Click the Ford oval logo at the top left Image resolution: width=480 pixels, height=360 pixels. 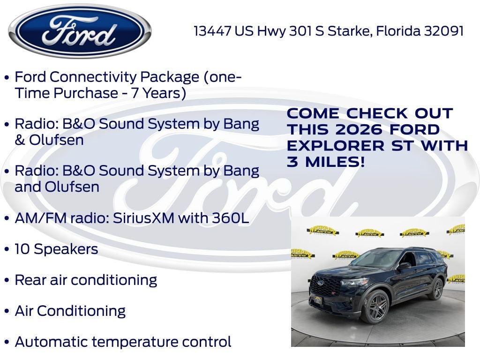point(80,31)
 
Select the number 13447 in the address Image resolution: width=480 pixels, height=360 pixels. point(213,31)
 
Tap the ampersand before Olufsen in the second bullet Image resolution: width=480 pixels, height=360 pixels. point(20,140)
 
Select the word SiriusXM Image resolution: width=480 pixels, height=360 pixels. point(143,218)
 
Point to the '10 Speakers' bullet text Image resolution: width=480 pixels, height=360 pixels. point(56,249)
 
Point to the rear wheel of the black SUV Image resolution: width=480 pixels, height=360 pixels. point(436,289)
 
